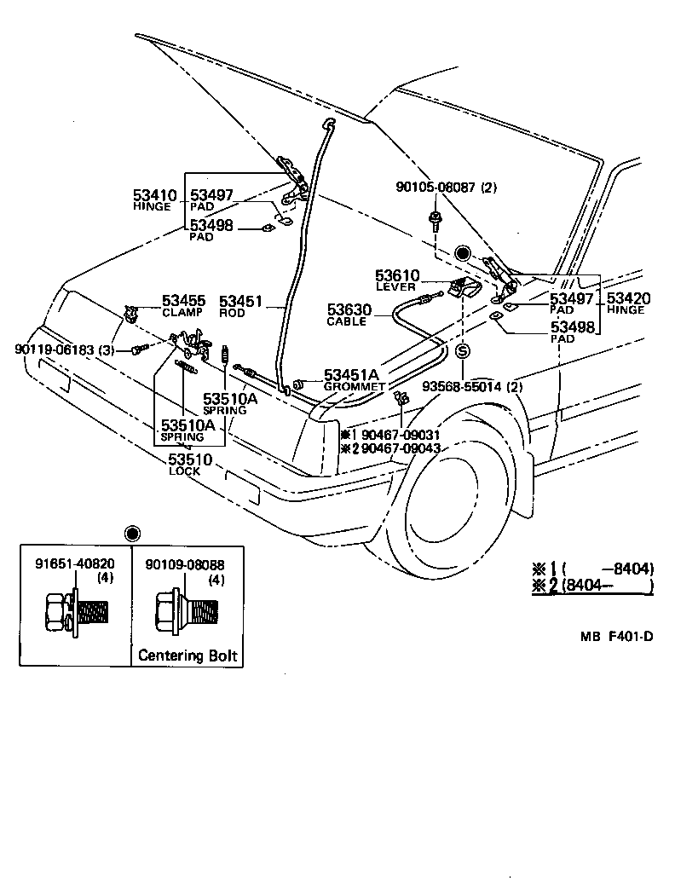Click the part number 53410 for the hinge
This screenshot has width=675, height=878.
[x=154, y=195]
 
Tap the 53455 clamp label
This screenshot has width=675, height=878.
[x=183, y=301]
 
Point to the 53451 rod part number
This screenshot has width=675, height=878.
[x=240, y=301]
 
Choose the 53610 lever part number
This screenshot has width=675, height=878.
[x=397, y=275]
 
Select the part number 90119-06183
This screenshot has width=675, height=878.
[x=52, y=349]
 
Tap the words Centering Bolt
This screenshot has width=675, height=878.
[x=187, y=656]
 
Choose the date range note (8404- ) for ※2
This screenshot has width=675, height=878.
[x=607, y=586]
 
